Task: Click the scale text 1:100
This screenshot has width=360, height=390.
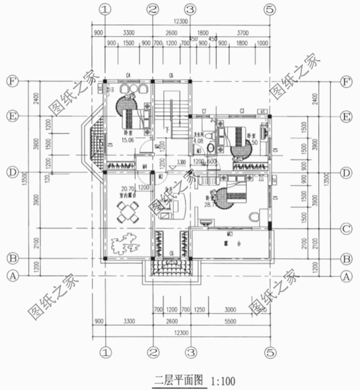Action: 223,381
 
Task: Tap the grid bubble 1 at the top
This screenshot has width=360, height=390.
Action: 106,9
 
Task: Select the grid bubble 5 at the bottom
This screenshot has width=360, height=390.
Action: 270,352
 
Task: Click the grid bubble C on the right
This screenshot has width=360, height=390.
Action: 347,228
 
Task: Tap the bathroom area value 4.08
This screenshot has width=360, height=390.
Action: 198,141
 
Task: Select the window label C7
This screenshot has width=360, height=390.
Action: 204,111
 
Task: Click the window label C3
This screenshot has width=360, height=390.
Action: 242,111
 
